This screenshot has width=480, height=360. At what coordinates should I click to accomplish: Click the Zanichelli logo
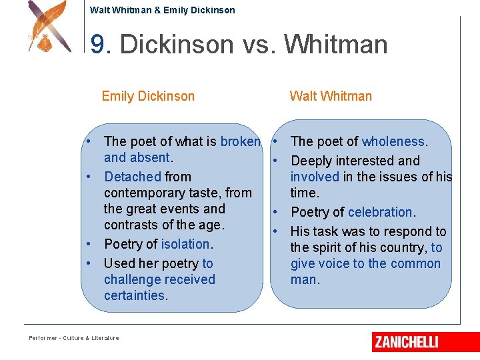425,342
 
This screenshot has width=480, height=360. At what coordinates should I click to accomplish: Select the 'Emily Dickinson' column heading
148,96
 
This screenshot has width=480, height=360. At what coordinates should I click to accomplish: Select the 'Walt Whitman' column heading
331,96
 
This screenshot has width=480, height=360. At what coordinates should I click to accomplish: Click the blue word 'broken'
240,141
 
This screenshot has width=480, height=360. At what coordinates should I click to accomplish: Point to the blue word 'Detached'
133,177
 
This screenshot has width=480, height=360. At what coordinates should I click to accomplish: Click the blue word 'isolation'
185,244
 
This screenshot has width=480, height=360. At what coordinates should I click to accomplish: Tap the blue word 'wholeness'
393,141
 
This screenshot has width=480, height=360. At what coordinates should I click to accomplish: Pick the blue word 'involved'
315,177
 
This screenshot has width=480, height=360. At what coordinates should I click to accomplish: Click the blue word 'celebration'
381,212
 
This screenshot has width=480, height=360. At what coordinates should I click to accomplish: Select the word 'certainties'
134,295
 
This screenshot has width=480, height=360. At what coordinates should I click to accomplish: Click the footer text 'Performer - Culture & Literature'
74,338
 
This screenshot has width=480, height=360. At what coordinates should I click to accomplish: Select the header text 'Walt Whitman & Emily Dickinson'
162,10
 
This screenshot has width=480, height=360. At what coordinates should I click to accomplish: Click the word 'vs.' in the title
261,45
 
